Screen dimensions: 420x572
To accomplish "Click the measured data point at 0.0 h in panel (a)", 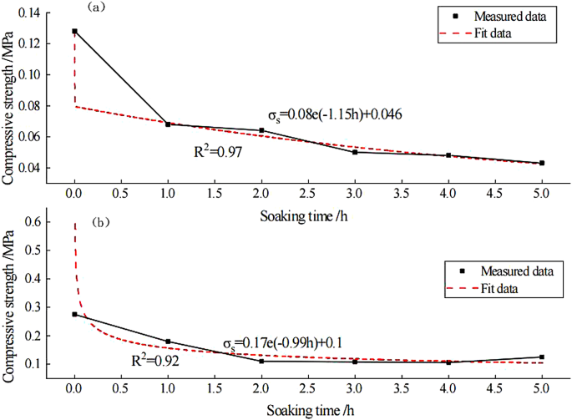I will pos(75,32).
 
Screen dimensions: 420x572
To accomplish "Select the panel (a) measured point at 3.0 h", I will pos(355,152).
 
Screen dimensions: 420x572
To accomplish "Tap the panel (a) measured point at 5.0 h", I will pos(542,163).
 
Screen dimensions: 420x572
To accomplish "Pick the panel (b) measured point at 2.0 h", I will pos(261,361).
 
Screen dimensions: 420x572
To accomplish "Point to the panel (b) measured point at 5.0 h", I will pos(542,357).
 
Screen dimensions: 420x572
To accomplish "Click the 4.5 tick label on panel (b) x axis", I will pos(495,388).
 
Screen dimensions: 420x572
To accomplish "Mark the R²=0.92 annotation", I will pos(154,363).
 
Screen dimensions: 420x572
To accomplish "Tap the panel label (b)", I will pos(102,223).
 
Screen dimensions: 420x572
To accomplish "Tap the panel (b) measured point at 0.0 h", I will pos(75,315).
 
